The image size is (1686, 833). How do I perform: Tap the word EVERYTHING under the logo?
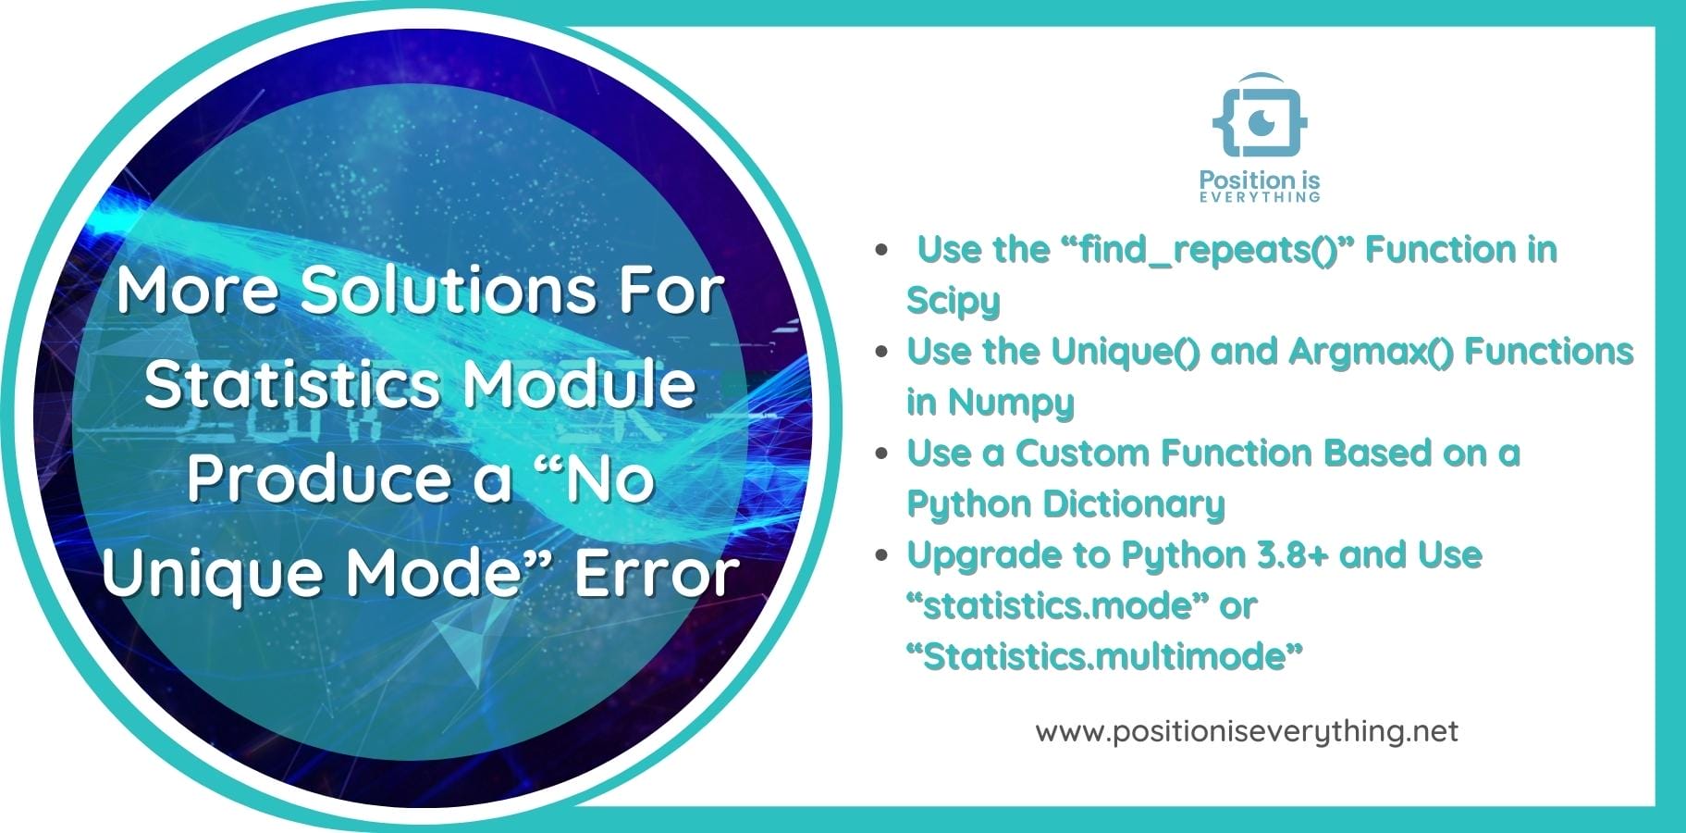pos(1260,197)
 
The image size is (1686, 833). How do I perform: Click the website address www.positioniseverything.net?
pos(1247,731)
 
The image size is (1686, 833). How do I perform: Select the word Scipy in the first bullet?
pos(954,301)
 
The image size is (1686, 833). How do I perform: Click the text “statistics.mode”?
pos(1058,606)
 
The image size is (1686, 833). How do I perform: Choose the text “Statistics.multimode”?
pos(1104,657)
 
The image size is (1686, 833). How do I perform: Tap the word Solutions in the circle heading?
pos(449,290)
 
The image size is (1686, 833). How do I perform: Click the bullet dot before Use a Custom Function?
pos(883,454)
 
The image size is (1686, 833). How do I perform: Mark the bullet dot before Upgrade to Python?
pos(883,555)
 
